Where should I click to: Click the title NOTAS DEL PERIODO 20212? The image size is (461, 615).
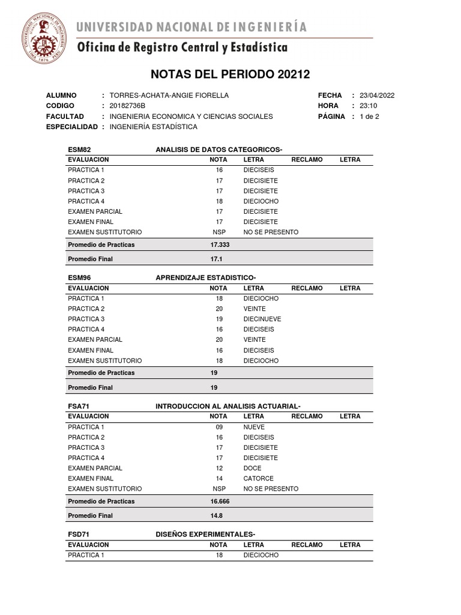point(230,74)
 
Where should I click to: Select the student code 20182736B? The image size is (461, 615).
point(128,106)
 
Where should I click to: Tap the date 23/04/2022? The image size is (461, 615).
point(377,95)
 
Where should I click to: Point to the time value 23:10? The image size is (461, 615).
point(368,106)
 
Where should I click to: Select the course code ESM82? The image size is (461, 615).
point(79,150)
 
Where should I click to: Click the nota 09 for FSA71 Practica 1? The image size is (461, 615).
point(218,427)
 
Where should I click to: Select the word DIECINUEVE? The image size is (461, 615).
point(262,319)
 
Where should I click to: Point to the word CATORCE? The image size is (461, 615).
point(258,478)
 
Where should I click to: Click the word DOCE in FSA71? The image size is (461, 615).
point(252,468)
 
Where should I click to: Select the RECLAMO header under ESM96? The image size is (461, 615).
point(307,288)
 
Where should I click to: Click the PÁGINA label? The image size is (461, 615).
point(331,117)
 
